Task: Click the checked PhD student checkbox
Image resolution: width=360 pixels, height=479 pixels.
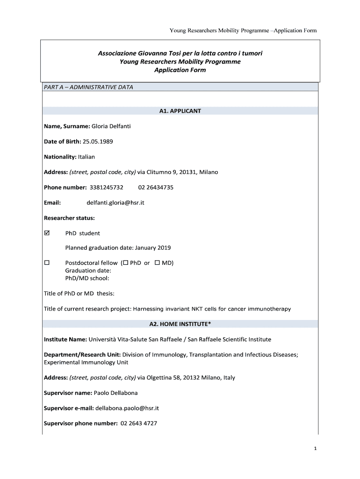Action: point(47,233)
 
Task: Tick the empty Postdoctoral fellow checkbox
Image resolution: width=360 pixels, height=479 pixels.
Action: point(47,263)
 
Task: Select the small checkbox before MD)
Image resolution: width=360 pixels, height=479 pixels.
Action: point(157,263)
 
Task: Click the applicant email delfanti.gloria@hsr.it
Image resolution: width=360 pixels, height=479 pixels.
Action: point(115,203)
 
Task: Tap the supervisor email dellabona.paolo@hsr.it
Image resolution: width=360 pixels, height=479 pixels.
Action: point(127,408)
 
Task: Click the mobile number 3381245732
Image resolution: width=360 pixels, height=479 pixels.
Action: point(103,187)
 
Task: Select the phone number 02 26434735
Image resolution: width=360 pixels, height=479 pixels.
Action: point(156,187)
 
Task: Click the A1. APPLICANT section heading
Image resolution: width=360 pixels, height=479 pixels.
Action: point(180,111)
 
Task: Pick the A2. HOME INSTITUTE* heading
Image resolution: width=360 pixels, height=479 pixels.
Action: point(180,324)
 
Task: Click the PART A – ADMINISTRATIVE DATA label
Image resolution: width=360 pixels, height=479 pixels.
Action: point(88,87)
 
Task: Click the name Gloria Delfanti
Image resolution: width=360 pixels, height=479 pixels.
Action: point(111,126)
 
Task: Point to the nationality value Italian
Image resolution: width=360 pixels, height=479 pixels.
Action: point(83,157)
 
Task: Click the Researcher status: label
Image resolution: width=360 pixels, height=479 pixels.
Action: point(69,218)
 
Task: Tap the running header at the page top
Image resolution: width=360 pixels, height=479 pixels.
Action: point(243,30)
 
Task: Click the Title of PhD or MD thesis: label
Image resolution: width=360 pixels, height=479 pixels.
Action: point(79,293)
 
